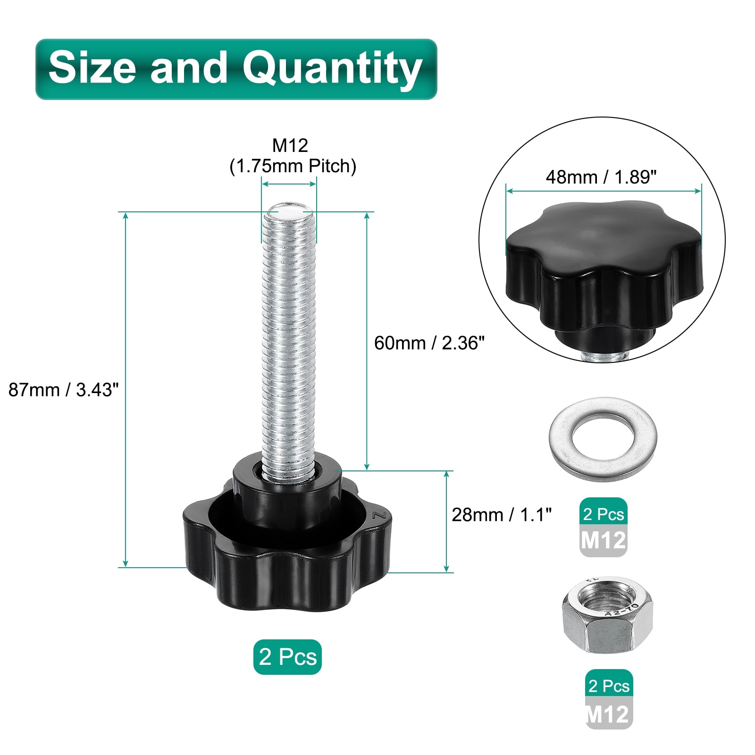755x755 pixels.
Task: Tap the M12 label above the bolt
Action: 290,145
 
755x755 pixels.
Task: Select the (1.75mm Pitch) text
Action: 293,166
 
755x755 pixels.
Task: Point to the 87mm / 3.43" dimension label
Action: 64,390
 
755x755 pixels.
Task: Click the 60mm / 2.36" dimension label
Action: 429,343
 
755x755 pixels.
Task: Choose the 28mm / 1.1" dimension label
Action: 502,515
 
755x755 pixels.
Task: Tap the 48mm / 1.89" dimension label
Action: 601,177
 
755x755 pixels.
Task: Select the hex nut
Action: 607,615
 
